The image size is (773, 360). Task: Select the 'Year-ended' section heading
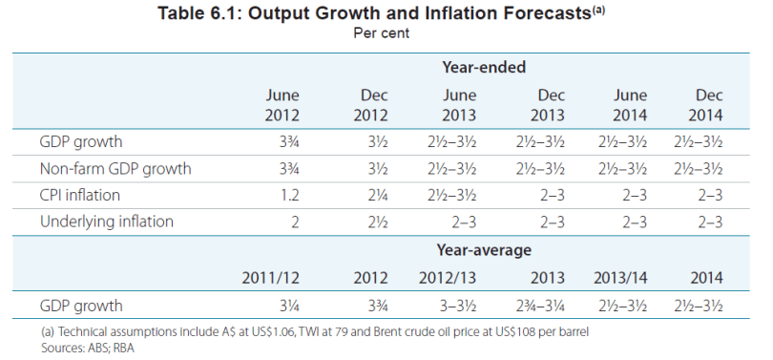(484, 67)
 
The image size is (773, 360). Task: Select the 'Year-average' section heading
(484, 250)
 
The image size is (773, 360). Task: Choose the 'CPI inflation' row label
(81, 196)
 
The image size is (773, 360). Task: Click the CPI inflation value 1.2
(289, 196)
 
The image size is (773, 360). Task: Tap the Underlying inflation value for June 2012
(294, 222)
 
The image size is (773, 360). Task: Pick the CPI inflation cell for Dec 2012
(376, 196)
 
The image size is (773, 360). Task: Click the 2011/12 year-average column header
(271, 278)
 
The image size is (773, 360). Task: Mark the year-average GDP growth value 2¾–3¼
(533, 306)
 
